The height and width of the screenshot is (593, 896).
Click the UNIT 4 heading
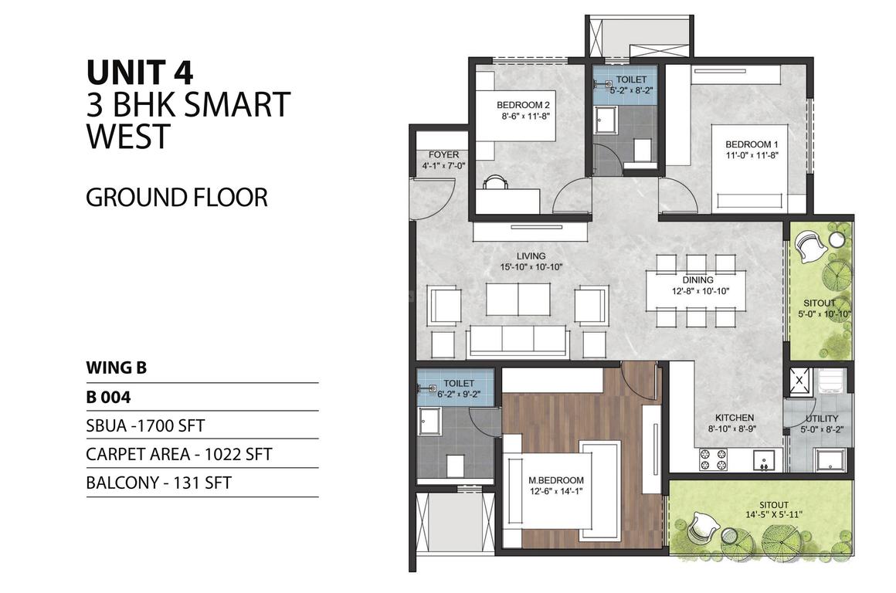[140, 73]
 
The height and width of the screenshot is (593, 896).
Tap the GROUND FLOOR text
[177, 198]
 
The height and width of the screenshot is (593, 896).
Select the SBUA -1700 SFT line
[145, 425]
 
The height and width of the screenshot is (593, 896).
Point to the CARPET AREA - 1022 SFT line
[179, 454]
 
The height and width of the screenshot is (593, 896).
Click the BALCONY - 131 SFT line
[158, 483]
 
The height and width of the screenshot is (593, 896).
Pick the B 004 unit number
[108, 397]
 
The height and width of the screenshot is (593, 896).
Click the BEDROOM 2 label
[523, 105]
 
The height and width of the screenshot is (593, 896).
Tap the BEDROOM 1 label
[752, 144]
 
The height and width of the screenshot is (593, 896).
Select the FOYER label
[443, 155]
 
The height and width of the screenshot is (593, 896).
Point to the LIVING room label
[531, 256]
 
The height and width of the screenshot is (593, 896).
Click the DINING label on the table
[697, 280]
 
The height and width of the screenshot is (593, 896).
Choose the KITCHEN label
[735, 418]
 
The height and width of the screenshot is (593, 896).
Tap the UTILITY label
[822, 418]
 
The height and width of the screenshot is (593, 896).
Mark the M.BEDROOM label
[556, 480]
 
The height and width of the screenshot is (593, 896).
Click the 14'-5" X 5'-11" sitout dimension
[774, 515]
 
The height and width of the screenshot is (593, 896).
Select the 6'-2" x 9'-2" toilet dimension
[458, 394]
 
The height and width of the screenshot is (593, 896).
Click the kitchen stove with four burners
[714, 460]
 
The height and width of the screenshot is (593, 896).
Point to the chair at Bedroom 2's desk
[495, 182]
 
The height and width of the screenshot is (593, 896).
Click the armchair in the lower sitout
[701, 528]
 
